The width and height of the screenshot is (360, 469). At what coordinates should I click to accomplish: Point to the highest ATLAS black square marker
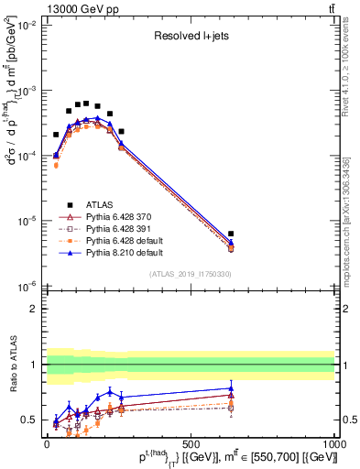(86, 103)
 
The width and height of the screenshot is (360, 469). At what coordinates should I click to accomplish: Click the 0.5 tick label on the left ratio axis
(27, 420)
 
